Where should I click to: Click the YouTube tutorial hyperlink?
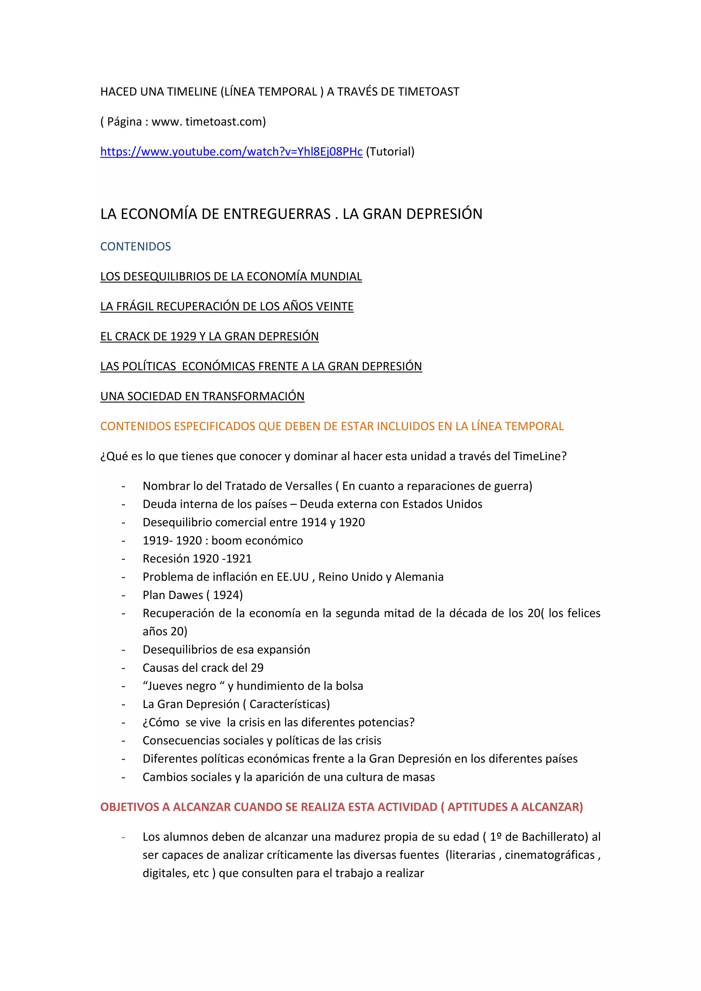pos(231,152)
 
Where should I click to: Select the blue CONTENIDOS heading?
pos(136,246)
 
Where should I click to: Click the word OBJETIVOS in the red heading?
pos(129,807)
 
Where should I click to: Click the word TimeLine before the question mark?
pos(537,456)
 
